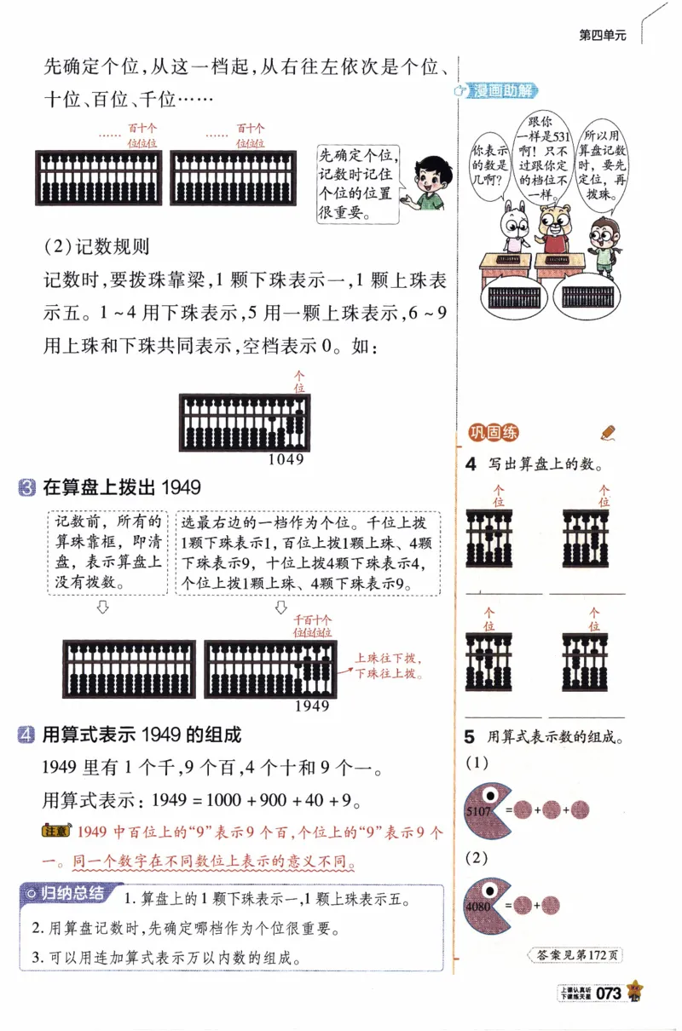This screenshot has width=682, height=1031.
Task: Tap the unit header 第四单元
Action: click(x=602, y=35)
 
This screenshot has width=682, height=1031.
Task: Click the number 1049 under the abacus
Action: click(x=286, y=459)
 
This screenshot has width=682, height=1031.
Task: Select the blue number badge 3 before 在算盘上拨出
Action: click(x=26, y=488)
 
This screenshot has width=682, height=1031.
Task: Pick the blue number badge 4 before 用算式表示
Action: click(x=26, y=734)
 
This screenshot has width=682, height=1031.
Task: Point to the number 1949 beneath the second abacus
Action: click(x=311, y=706)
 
